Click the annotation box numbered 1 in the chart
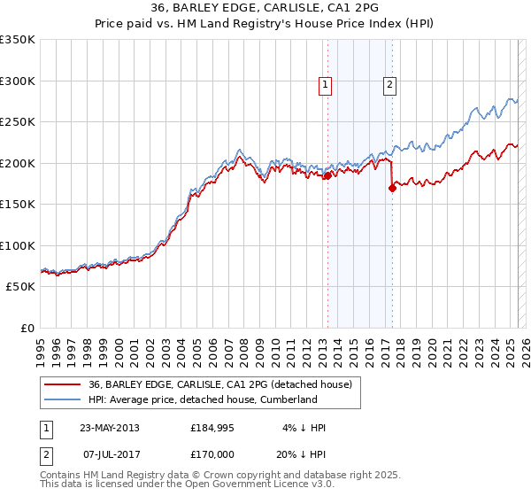(326, 85)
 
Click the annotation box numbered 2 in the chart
(389, 85)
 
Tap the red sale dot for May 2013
(327, 175)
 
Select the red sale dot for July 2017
(392, 188)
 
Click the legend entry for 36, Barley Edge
(220, 384)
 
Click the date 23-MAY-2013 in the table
(110, 428)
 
